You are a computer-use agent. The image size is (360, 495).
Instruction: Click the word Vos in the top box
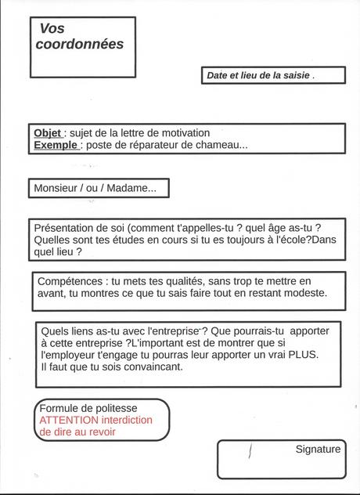tap(52, 28)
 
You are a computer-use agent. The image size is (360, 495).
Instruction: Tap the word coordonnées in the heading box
tap(80, 45)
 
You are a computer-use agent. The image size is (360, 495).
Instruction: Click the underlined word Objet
tap(48, 133)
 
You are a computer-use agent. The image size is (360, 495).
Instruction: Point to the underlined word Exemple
tap(56, 145)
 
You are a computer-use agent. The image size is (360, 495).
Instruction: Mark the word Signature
tap(318, 449)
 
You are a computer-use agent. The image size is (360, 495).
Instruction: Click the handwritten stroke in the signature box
tap(250, 452)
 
